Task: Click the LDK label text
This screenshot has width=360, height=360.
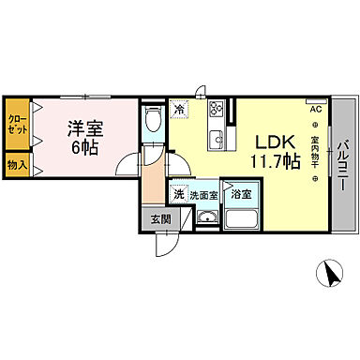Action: coord(277,141)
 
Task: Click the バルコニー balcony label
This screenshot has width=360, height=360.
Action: coord(343,166)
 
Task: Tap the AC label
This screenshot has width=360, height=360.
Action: coord(315,109)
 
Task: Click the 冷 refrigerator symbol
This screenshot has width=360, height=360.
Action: coord(181,110)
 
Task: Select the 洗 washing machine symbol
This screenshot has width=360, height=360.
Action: coord(178,194)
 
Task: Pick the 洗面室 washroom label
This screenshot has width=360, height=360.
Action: coord(203,195)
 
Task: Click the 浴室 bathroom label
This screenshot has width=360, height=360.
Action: coord(242,195)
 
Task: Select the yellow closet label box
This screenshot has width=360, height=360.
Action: coord(17,125)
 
